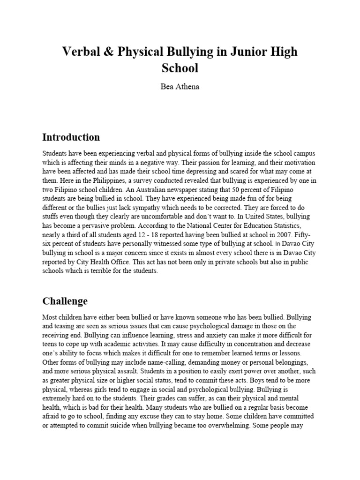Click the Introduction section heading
click(x=71, y=137)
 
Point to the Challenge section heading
click(x=65, y=300)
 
